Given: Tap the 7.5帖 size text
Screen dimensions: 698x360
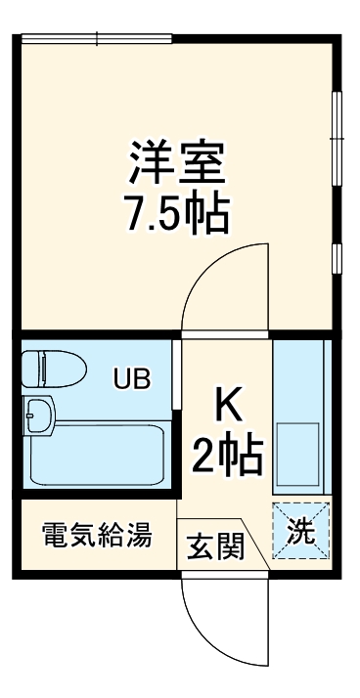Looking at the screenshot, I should pos(177,213).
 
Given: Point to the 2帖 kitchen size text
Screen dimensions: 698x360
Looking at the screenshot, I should pos(226,453).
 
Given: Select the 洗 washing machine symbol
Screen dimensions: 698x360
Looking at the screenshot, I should pos(301,531).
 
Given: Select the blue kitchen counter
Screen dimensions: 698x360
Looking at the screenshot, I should pos(301,391).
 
